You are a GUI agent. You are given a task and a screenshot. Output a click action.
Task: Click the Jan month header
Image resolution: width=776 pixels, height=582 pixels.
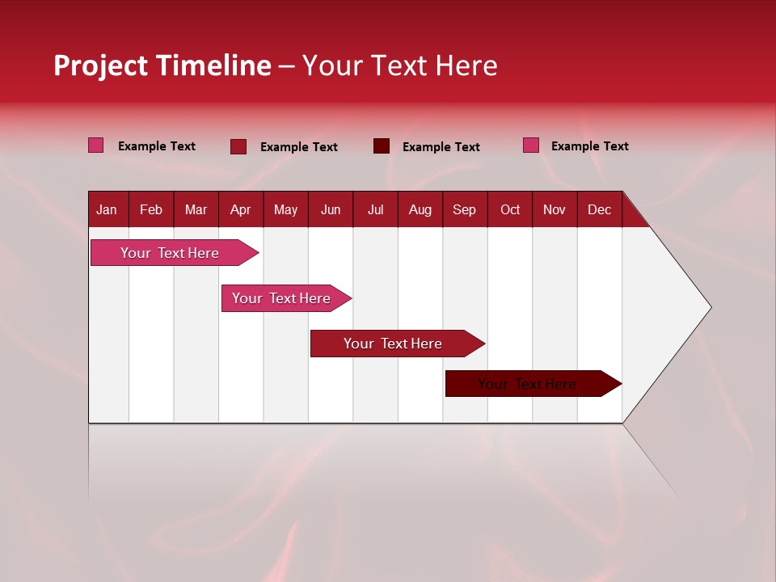click(107, 209)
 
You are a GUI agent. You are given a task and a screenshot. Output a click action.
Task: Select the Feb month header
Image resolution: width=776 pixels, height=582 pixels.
click(151, 209)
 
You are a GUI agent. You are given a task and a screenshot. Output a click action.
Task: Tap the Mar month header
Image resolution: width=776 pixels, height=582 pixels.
click(196, 209)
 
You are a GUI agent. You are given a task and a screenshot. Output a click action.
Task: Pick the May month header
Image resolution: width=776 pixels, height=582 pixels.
click(285, 209)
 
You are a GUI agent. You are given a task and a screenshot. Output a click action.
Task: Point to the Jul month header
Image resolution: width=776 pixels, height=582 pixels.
click(375, 209)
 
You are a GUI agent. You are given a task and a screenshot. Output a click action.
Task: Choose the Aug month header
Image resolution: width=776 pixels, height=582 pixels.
click(420, 209)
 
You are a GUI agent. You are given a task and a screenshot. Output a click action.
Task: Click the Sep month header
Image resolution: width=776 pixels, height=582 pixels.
click(465, 209)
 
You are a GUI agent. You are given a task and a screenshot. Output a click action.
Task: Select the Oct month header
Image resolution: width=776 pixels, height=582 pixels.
click(510, 209)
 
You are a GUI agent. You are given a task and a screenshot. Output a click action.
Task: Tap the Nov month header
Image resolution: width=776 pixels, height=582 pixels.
click(555, 209)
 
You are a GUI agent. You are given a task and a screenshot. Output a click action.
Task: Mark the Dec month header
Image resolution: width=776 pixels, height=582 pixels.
click(599, 209)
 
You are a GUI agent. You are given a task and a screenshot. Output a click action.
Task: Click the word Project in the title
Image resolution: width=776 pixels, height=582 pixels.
click(101, 65)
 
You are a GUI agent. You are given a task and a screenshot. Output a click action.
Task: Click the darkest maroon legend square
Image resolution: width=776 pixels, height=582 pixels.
click(382, 146)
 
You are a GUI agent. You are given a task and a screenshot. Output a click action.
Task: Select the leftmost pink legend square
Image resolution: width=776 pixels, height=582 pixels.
click(96, 145)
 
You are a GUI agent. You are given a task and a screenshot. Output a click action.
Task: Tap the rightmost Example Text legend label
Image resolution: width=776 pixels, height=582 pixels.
click(589, 146)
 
